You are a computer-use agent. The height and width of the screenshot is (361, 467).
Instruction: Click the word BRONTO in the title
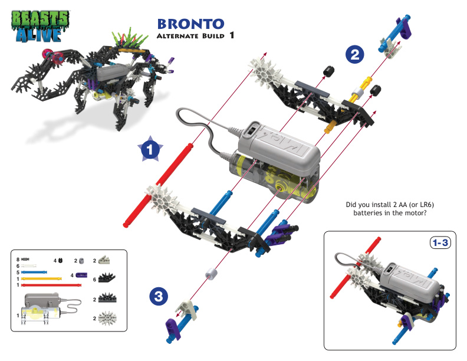pyautogui.click(x=190, y=24)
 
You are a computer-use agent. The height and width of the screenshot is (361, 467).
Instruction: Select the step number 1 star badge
pyautogui.click(x=150, y=150)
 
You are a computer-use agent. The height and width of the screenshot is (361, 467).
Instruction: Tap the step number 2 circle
pyautogui.click(x=354, y=55)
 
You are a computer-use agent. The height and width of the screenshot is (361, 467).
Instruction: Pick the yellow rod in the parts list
pyautogui.click(x=41, y=278)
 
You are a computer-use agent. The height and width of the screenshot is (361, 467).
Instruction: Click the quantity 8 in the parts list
pyautogui.click(x=18, y=260)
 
